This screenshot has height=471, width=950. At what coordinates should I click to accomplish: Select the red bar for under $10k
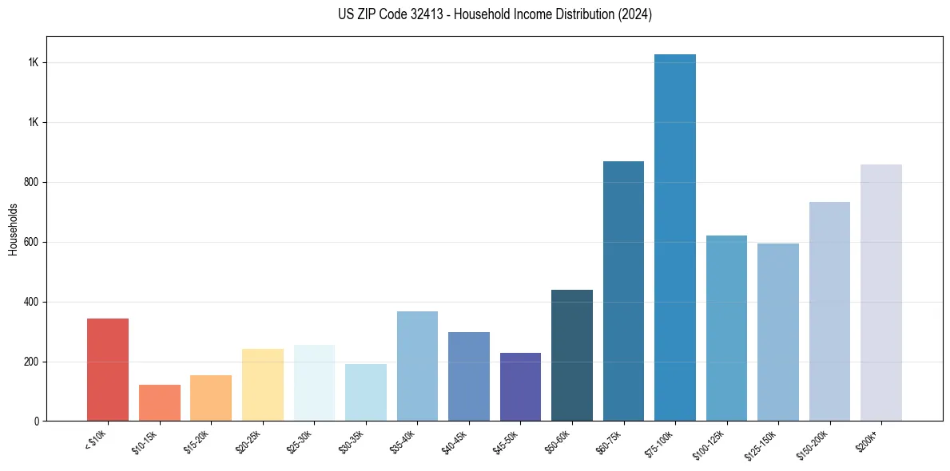coord(108,370)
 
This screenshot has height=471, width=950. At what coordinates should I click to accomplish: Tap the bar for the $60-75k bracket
coord(623,291)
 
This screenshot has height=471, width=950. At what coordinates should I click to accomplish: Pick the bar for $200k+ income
coord(881,293)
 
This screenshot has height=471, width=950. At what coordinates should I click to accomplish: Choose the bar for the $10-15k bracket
coord(160,403)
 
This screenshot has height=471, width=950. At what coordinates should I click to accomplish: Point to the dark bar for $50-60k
coord(572,355)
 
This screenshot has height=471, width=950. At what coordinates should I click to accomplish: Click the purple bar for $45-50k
coord(520,387)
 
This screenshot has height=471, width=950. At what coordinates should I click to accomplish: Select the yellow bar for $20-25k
coord(263,385)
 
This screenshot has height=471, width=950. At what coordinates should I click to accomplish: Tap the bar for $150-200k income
coord(829,311)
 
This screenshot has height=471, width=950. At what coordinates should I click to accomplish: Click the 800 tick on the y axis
coord(32,182)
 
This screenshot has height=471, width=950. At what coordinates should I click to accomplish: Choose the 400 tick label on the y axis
coord(32,302)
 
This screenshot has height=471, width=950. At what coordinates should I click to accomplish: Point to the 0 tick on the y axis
coord(37,422)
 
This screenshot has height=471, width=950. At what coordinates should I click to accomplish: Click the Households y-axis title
coord(13,228)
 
